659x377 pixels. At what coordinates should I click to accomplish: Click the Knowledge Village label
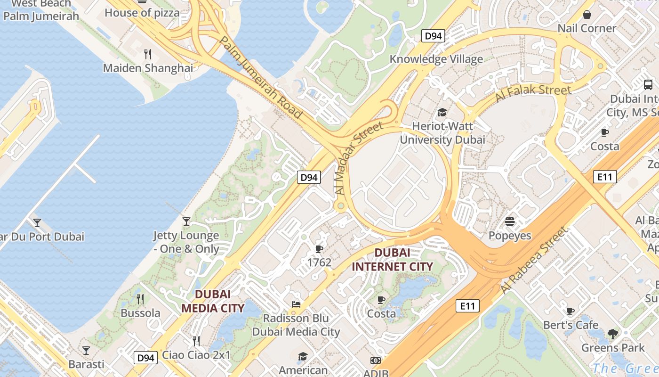pyautogui.click(x=436, y=59)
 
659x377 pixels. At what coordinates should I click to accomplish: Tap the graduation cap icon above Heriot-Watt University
pyautogui.click(x=442, y=112)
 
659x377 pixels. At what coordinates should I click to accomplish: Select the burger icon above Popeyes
pyautogui.click(x=509, y=221)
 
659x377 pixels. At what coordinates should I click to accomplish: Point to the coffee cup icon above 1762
pyautogui.click(x=319, y=248)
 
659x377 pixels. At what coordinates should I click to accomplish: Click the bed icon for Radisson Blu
pyautogui.click(x=296, y=304)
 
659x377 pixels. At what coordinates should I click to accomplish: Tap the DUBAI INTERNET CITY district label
pyautogui.click(x=392, y=260)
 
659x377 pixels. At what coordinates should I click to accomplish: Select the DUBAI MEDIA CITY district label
pyautogui.click(x=213, y=301)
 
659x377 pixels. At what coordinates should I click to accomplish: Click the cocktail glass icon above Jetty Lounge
pyautogui.click(x=186, y=221)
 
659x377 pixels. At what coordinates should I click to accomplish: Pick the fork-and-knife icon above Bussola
pyautogui.click(x=140, y=299)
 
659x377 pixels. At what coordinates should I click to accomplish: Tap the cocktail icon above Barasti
pyautogui.click(x=86, y=350)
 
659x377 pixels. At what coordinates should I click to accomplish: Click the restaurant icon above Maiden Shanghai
pyautogui.click(x=148, y=54)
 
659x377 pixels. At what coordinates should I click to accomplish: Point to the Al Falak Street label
pyautogui.click(x=533, y=94)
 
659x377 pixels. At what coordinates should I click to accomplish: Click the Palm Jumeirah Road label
pyautogui.click(x=260, y=78)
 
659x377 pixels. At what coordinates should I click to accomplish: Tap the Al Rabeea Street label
pyautogui.click(x=535, y=260)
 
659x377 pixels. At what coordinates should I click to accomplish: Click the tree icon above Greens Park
pyautogui.click(x=612, y=334)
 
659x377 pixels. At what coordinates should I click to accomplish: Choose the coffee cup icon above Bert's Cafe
pyautogui.click(x=571, y=311)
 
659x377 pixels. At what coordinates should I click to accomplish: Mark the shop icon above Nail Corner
pyautogui.click(x=587, y=15)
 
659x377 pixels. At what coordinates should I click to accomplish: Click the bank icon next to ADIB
pyautogui.click(x=375, y=361)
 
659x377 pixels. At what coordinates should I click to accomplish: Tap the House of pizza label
pyautogui.click(x=142, y=13)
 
